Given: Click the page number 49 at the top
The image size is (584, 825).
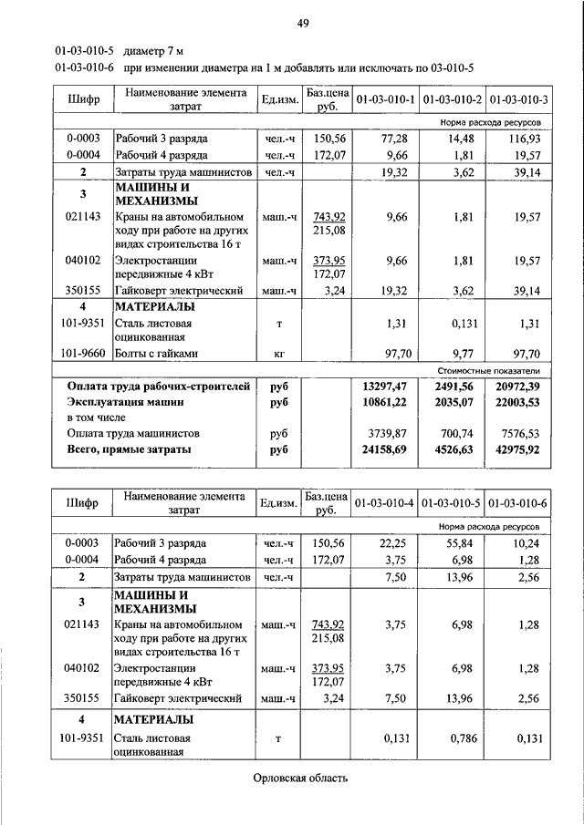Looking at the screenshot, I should (x=303, y=24).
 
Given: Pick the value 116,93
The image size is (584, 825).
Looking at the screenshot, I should (x=521, y=139).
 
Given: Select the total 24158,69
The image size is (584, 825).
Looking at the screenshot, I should (x=384, y=449).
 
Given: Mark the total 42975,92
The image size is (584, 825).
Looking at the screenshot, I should (x=515, y=449).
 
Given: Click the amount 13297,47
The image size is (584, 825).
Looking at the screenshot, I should (x=384, y=387).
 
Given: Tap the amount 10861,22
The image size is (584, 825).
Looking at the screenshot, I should (x=384, y=402).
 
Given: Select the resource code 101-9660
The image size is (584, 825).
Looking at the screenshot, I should (x=82, y=353).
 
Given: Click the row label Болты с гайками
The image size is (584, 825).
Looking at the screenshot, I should (x=156, y=353).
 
